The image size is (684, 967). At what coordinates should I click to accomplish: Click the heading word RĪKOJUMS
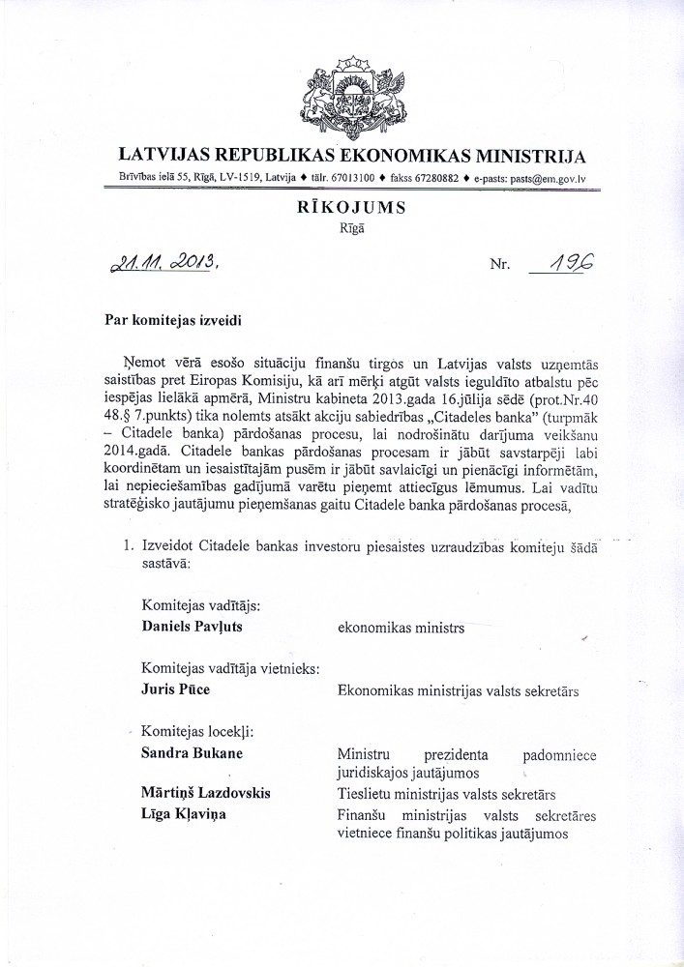point(352,208)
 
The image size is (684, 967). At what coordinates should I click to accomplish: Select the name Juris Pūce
point(175,690)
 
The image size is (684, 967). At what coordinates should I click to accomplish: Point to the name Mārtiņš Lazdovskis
point(206,794)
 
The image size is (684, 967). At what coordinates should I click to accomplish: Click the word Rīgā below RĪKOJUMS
point(351,229)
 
